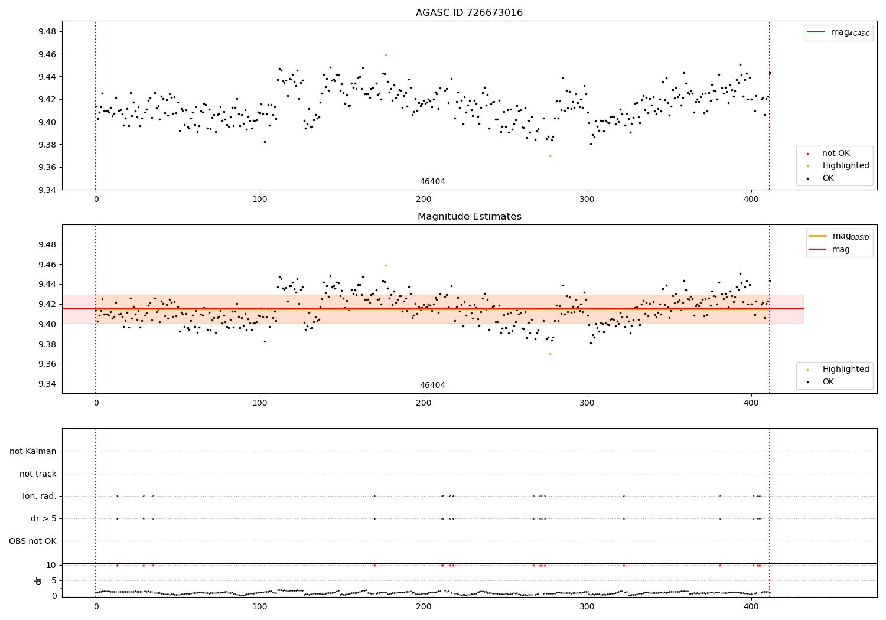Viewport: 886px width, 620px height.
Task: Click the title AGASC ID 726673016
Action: coord(469,13)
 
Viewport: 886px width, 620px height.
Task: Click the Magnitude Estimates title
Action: coord(469,217)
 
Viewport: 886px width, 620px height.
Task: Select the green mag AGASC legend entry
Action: coord(838,32)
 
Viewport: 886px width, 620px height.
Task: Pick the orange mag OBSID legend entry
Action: coord(839,236)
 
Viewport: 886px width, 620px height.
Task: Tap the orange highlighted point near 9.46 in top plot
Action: coord(386,55)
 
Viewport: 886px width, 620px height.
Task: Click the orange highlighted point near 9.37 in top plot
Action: coord(550,156)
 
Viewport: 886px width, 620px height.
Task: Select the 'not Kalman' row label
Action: coord(33,451)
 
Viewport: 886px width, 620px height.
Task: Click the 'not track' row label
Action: coord(38,474)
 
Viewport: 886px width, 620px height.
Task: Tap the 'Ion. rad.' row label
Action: coord(40,496)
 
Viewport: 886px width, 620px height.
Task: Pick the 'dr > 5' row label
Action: coord(44,518)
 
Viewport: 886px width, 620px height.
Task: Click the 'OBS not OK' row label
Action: coord(32,541)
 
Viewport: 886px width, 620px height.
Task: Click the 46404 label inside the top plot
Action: coord(432,182)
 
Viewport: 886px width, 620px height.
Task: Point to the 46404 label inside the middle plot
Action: coord(432,386)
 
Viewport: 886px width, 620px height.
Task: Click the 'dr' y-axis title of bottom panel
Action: coord(38,580)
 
